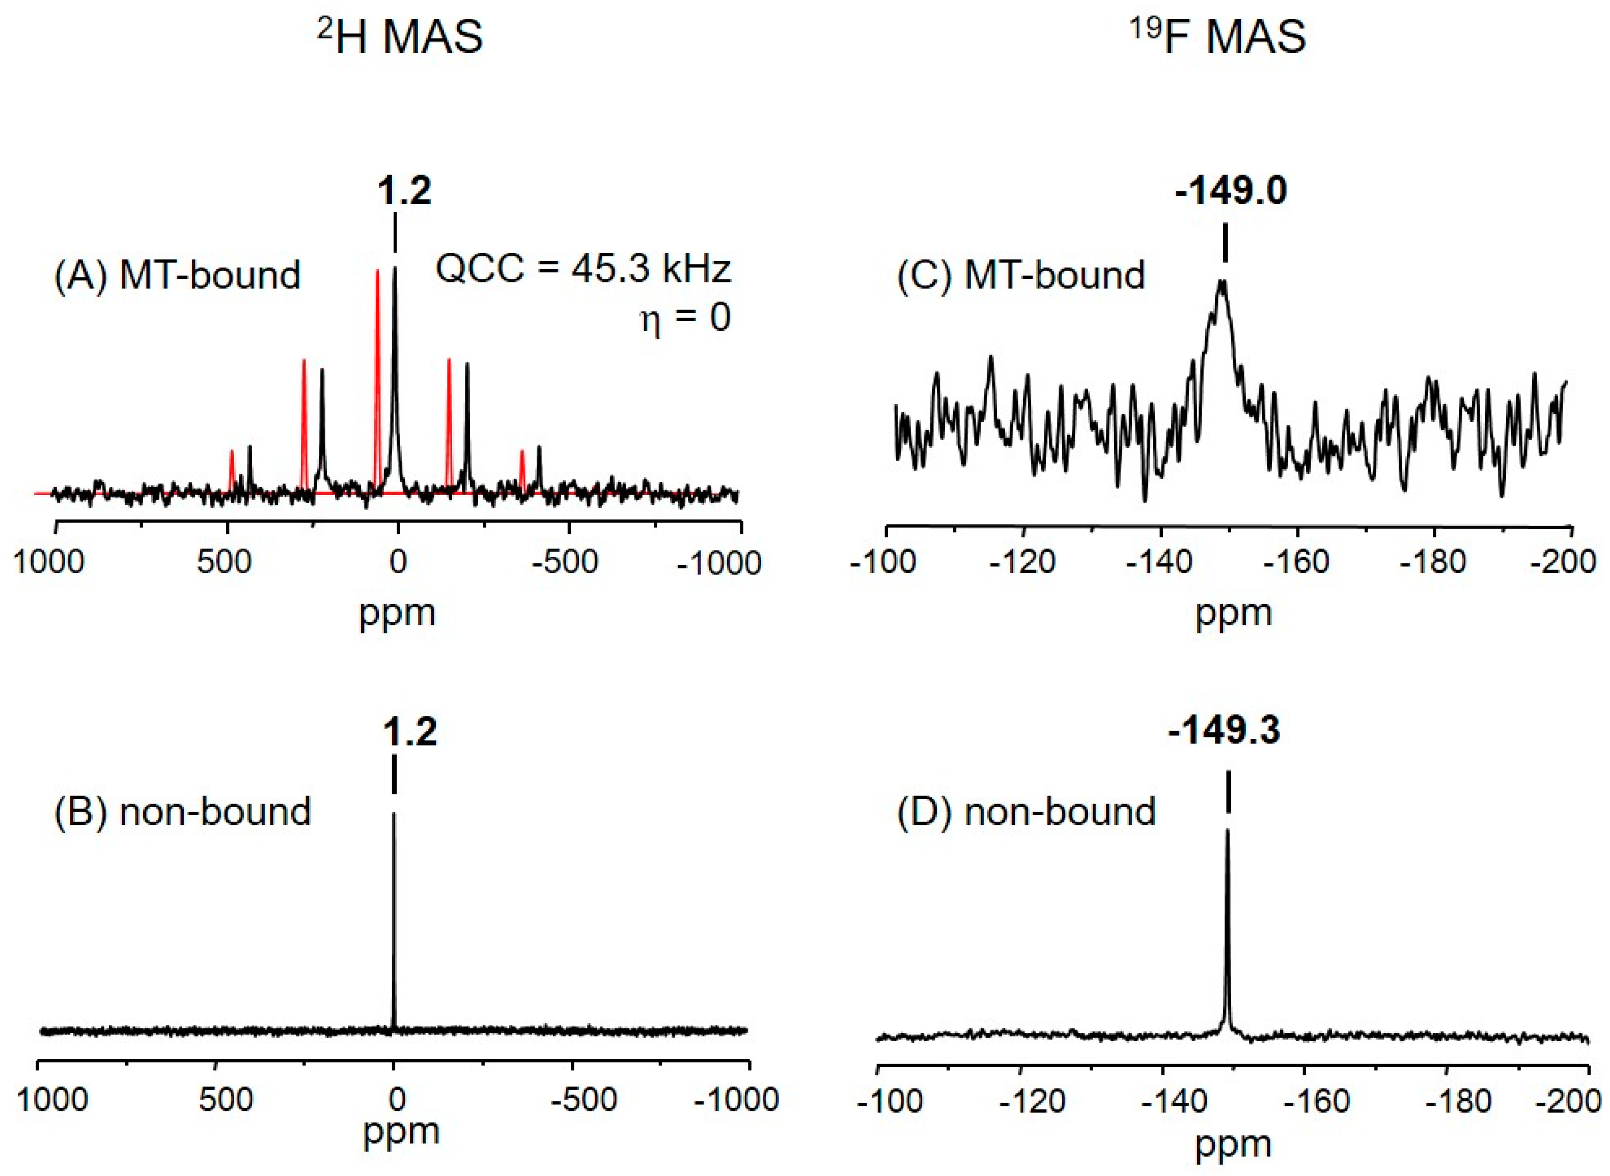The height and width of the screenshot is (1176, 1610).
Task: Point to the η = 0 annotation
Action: (x=685, y=318)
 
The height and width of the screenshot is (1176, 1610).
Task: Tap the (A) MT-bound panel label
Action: (x=178, y=275)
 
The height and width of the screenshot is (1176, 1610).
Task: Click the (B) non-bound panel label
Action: (x=183, y=811)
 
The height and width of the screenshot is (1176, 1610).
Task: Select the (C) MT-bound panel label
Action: (x=1020, y=275)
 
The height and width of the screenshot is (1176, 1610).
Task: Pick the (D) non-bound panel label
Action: (x=1026, y=811)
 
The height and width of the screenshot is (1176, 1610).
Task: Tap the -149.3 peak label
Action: (x=1224, y=730)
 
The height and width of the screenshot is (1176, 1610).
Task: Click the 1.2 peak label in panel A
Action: (x=404, y=191)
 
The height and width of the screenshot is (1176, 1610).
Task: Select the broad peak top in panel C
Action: (x=1223, y=283)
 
